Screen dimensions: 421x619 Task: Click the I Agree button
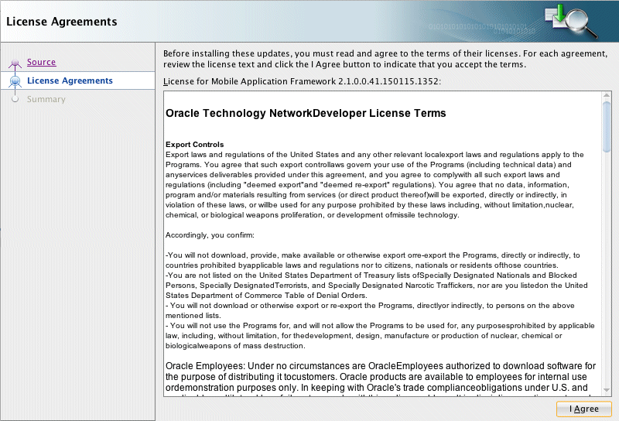point(583,409)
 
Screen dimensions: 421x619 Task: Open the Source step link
point(41,62)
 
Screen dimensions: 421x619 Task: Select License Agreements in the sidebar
point(70,80)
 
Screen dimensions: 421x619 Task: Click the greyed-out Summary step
point(46,99)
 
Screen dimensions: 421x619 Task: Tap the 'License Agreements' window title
point(62,21)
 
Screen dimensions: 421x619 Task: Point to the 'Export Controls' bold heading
point(194,145)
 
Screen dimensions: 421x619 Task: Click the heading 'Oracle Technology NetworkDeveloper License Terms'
point(306,113)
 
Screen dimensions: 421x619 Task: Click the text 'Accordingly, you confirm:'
point(210,234)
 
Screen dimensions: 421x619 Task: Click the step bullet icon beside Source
point(15,63)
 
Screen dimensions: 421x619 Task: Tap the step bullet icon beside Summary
point(15,99)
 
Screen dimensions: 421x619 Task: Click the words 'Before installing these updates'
point(214,53)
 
